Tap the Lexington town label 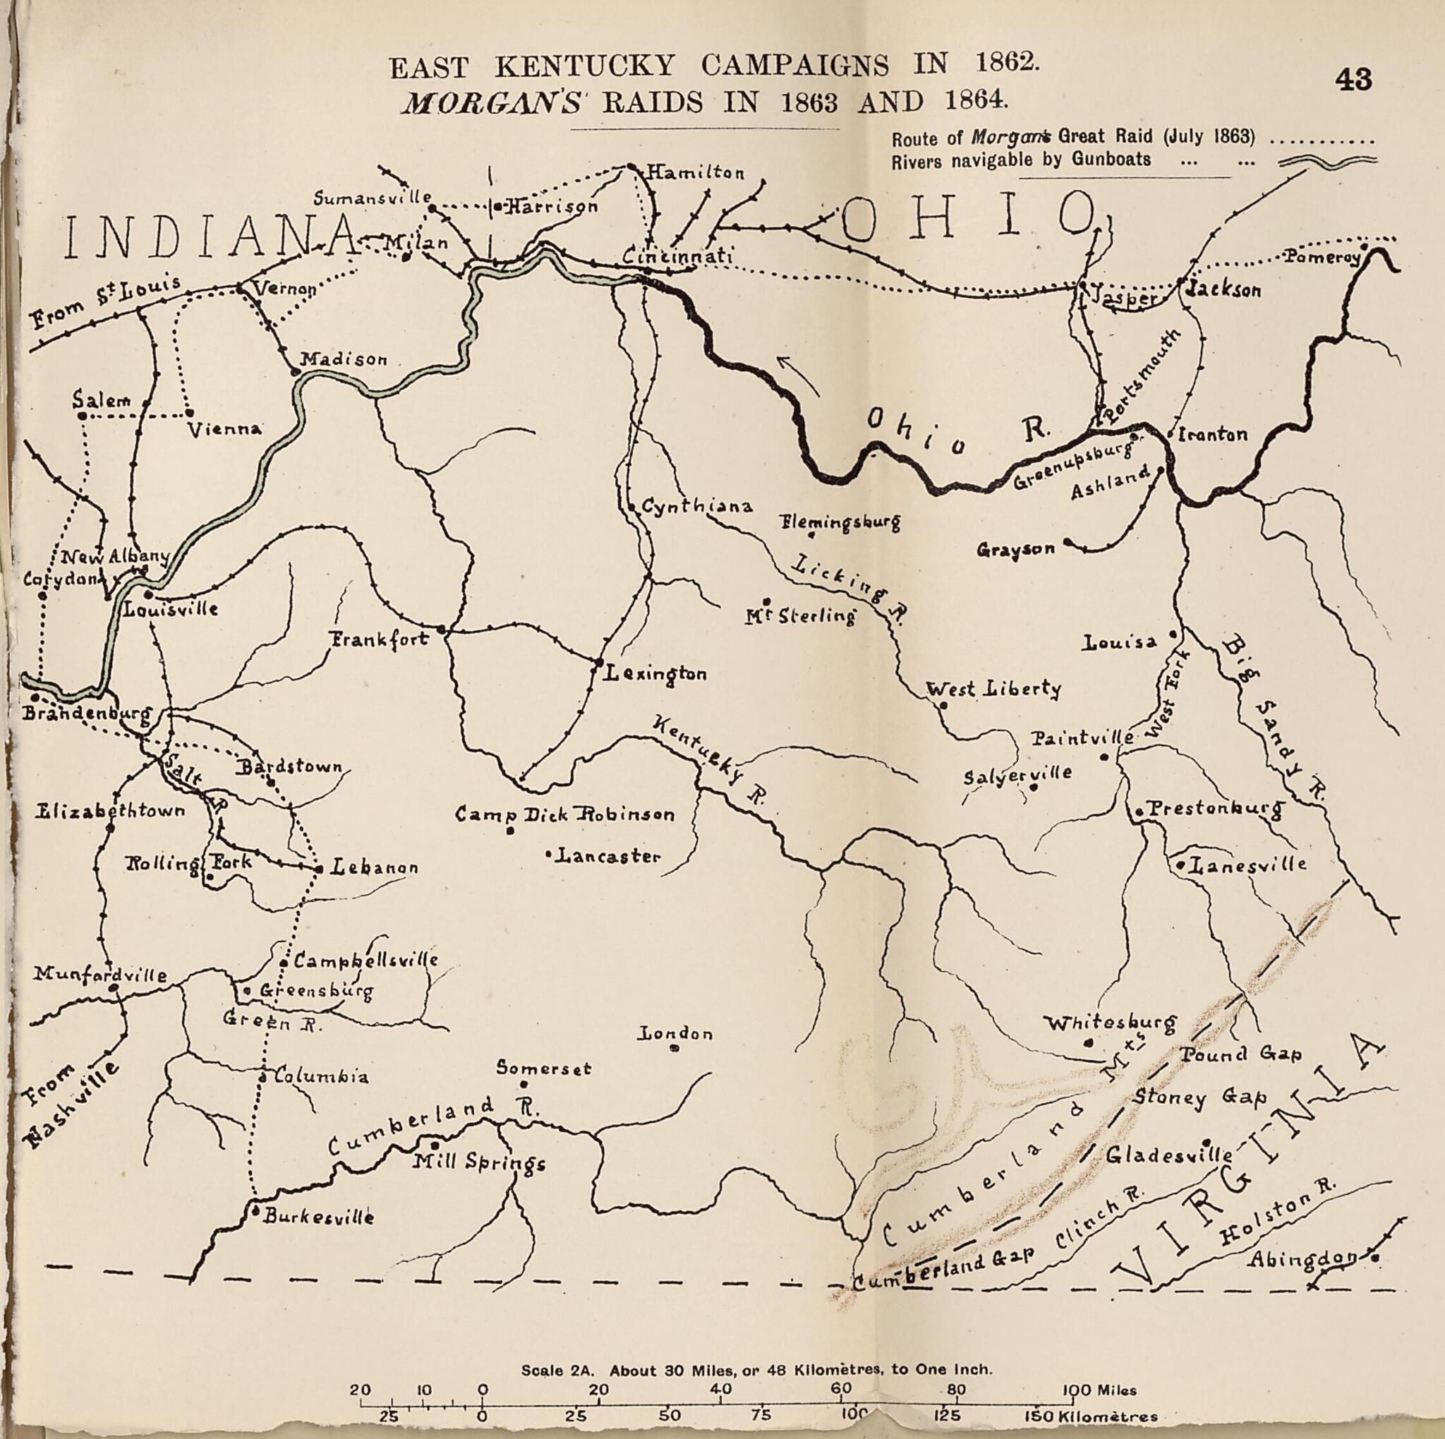pos(655,674)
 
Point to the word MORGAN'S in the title pos(490,102)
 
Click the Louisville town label pos(171,609)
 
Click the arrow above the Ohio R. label pos(795,373)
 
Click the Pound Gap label pos(1241,1054)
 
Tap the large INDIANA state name pos(211,236)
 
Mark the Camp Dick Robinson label pos(564,814)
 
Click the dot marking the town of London pos(674,1049)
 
